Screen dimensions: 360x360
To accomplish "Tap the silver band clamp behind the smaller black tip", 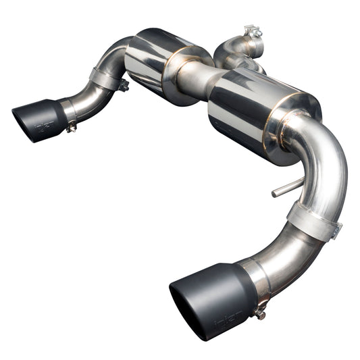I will [68, 110].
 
